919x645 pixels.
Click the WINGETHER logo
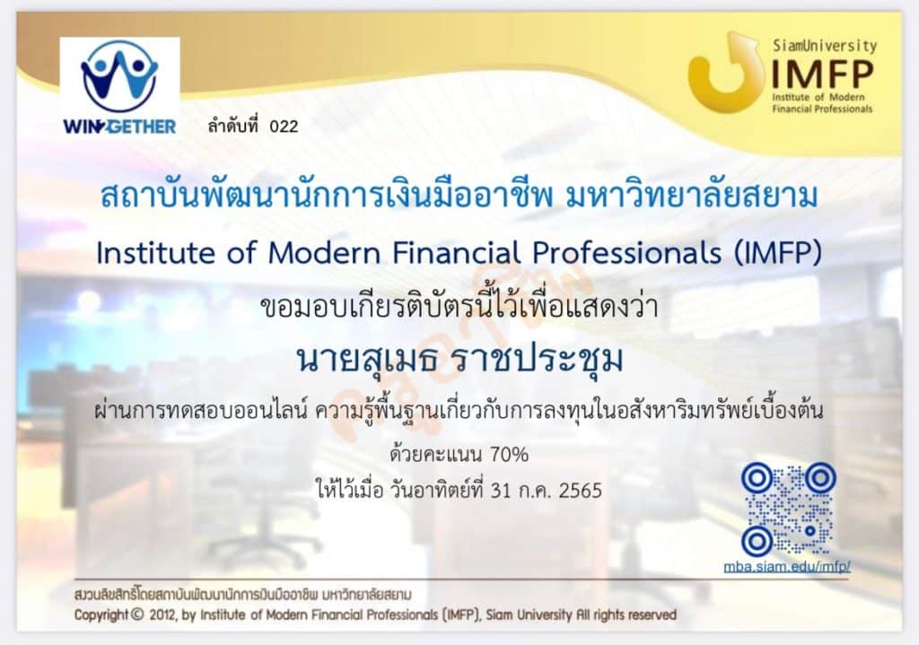click(x=119, y=87)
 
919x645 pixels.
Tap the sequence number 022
click(x=284, y=126)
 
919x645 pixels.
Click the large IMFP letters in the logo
click(x=822, y=74)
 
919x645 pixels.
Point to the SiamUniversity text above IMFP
click(x=825, y=45)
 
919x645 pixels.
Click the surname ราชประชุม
click(x=539, y=360)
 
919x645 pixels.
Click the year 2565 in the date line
click(x=581, y=490)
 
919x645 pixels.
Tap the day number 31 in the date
click(x=501, y=490)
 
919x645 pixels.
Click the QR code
click(x=789, y=509)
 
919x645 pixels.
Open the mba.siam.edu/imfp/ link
click(x=786, y=566)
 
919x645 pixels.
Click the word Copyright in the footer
click(x=101, y=615)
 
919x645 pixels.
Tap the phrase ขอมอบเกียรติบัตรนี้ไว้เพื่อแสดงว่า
click(x=459, y=306)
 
